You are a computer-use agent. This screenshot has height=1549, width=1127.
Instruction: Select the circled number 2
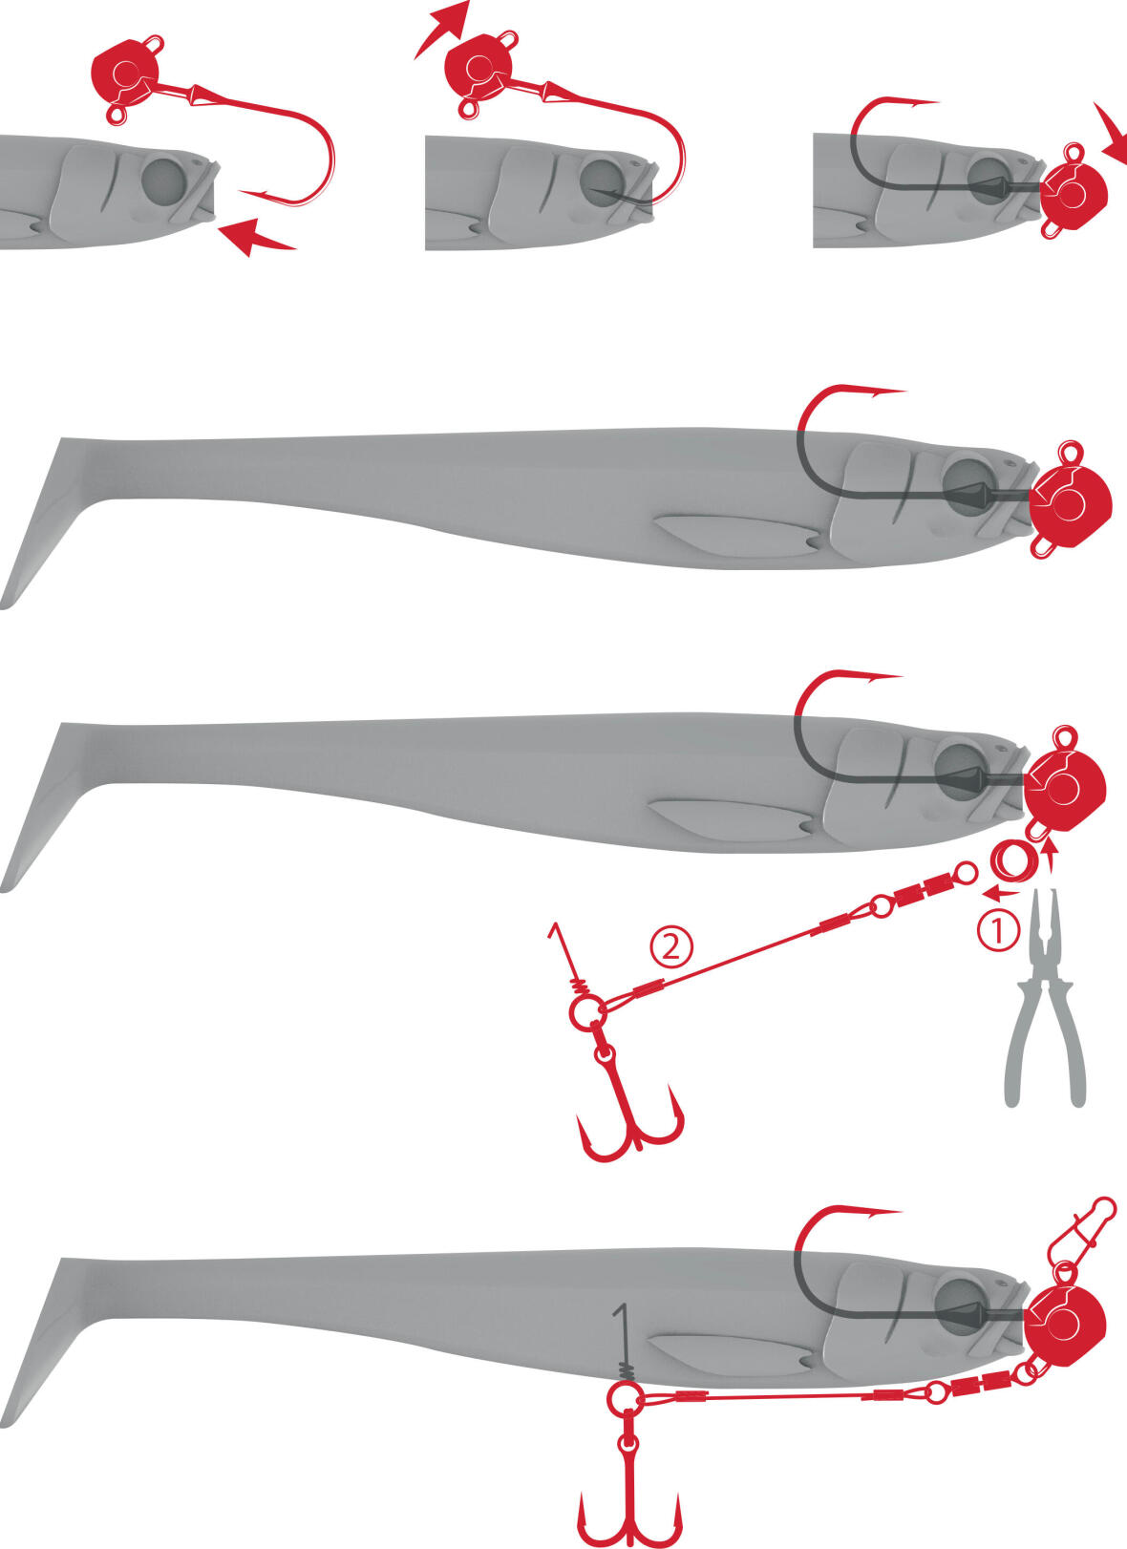[670, 948]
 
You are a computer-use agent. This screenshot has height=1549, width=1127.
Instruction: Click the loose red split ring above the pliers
[1011, 861]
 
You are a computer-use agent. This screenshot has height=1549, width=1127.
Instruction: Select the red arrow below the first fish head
[257, 236]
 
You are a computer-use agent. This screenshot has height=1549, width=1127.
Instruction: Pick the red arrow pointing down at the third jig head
[1111, 134]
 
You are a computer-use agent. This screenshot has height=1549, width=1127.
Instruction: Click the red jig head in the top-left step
[128, 77]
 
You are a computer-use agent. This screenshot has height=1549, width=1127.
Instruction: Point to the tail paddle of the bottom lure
[49, 1342]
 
